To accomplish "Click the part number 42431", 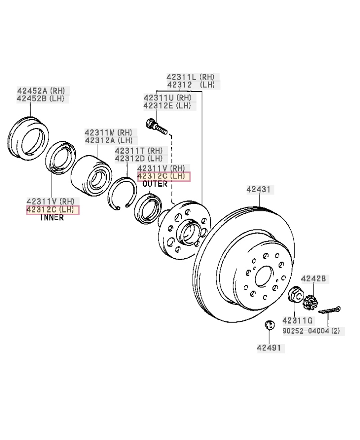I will pos(259,190).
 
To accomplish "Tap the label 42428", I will pos(314,279).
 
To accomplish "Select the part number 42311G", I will pos(297,320).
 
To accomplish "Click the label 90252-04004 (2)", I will pos(311,331).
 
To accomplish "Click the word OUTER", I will pos(155,184).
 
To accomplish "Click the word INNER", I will pos(52,218).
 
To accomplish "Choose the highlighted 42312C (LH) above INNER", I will pos(53,210).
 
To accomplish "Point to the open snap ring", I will pos(119,193).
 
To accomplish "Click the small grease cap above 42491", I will pos(269,325).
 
